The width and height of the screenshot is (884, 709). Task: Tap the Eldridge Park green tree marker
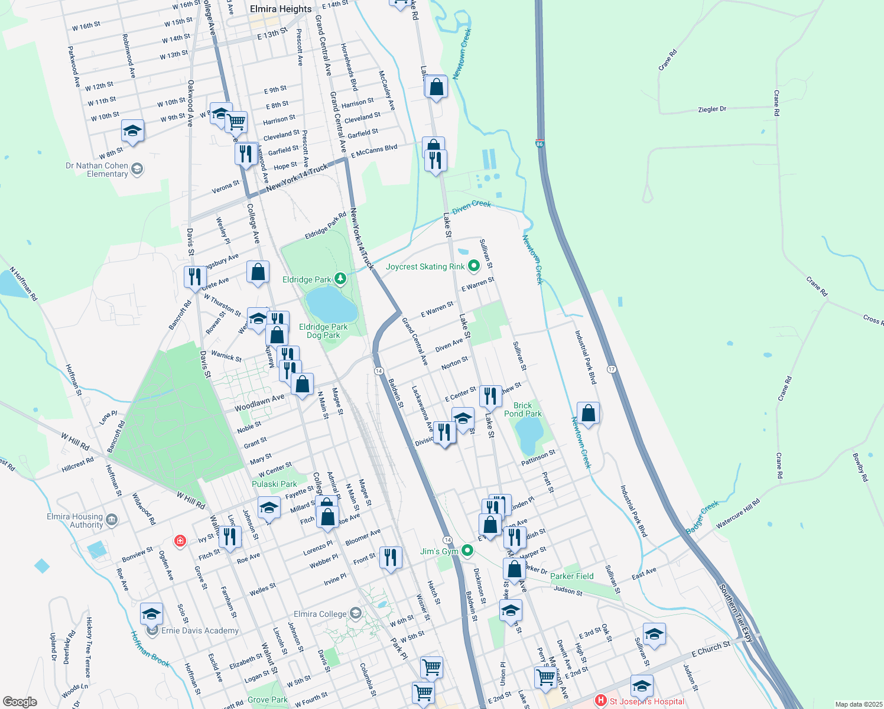tap(340, 278)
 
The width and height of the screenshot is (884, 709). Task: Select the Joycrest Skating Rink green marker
tap(473, 266)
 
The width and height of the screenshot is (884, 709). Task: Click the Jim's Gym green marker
tap(467, 551)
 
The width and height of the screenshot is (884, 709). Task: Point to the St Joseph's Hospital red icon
tap(601, 701)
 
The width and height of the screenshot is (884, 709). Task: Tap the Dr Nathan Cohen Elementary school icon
tap(137, 170)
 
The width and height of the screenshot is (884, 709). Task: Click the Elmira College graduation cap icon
tap(355, 613)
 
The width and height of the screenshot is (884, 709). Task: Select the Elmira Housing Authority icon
tap(112, 521)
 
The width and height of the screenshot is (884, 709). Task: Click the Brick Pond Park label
tap(523, 409)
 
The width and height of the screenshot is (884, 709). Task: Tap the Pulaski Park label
tap(274, 484)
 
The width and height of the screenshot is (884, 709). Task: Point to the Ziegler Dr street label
tap(712, 109)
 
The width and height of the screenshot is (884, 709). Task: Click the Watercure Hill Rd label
tap(738, 514)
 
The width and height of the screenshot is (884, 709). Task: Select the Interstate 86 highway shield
tap(539, 144)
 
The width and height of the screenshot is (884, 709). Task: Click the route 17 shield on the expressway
tap(612, 369)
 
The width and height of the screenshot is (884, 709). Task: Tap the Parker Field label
tap(572, 576)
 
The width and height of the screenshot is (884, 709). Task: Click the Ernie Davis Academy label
tap(200, 630)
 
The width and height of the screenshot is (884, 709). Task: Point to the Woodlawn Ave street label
tap(259, 404)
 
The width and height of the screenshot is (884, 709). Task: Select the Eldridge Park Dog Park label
tap(323, 331)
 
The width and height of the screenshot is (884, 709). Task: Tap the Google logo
tap(20, 701)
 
